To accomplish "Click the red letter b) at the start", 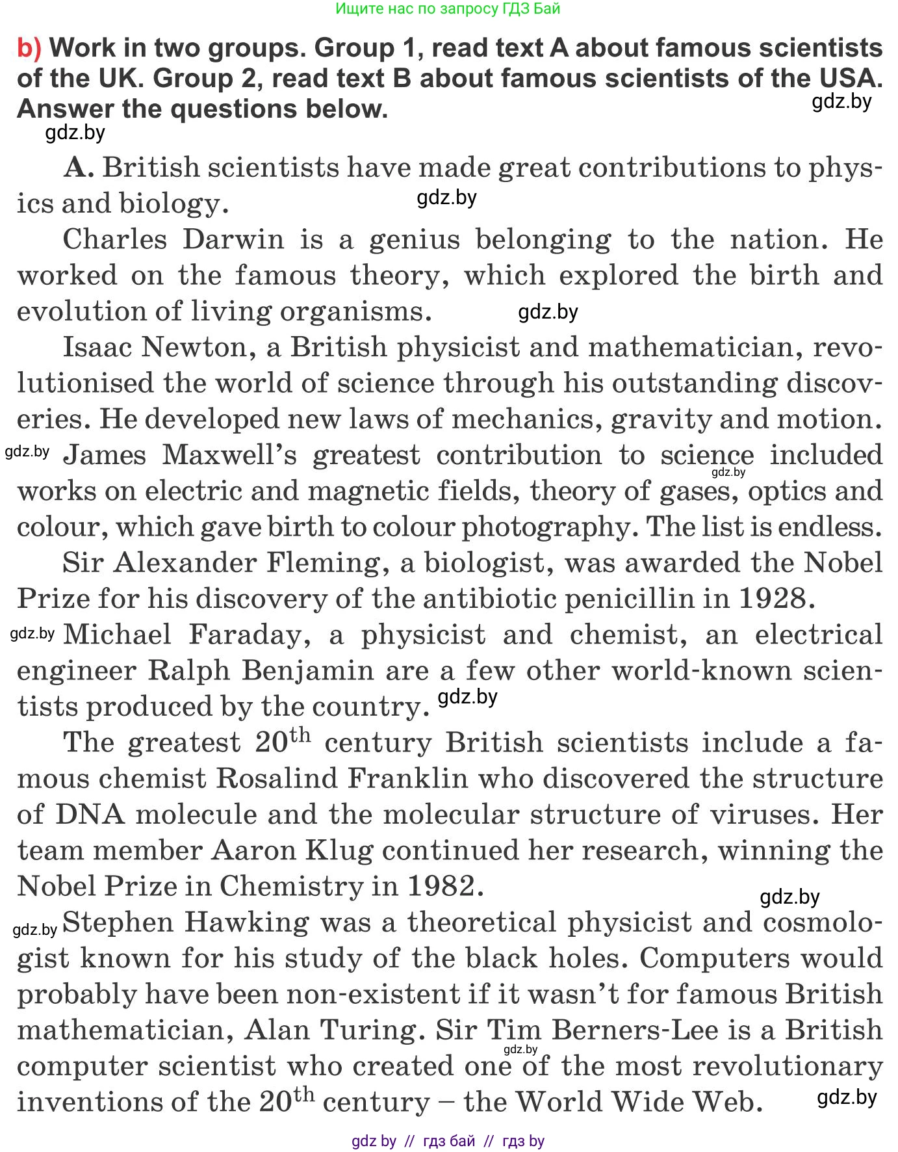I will coord(29,49).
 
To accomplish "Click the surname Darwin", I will coord(233,239).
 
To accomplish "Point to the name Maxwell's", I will coord(229,455).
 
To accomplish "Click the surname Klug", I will coord(340,850).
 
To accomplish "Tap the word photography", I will coord(546,527).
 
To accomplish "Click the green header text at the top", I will coord(448,9).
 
